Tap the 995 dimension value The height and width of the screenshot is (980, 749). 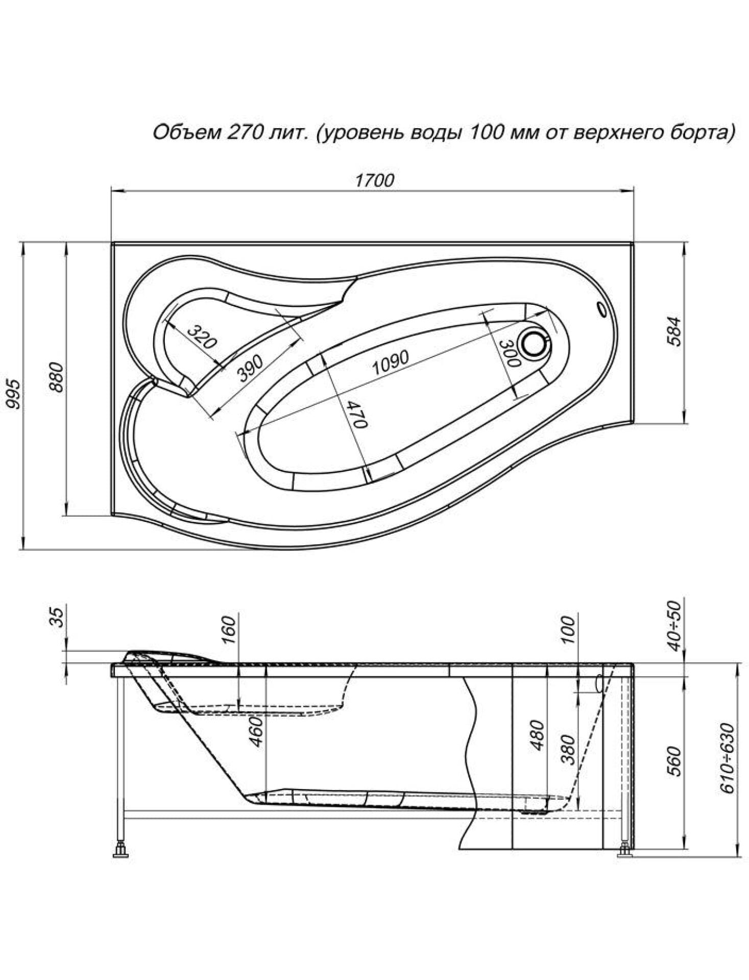(x=13, y=394)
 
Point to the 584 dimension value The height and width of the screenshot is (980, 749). (x=674, y=331)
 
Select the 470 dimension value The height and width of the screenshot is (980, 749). (x=357, y=414)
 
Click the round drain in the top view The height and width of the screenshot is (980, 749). (x=534, y=343)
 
